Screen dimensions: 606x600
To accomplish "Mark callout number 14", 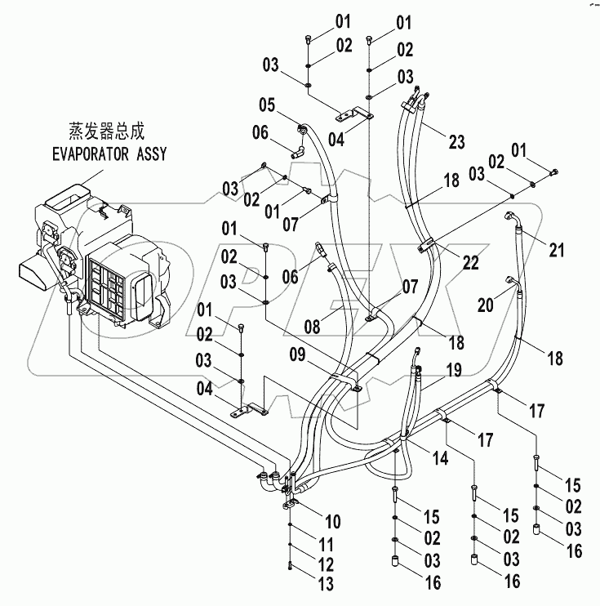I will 439,460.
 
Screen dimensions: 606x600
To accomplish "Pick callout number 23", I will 456,141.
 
